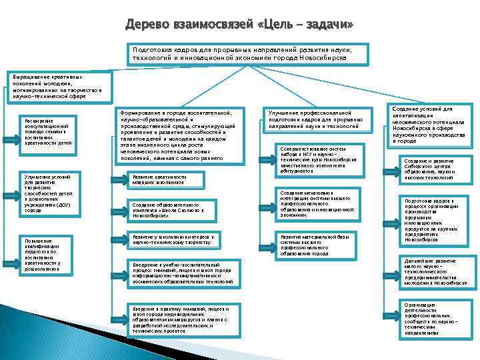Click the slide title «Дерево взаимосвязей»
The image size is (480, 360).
[x=239, y=25]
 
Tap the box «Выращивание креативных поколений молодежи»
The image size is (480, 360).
[x=57, y=87]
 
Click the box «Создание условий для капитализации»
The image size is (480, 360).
[x=429, y=125]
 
